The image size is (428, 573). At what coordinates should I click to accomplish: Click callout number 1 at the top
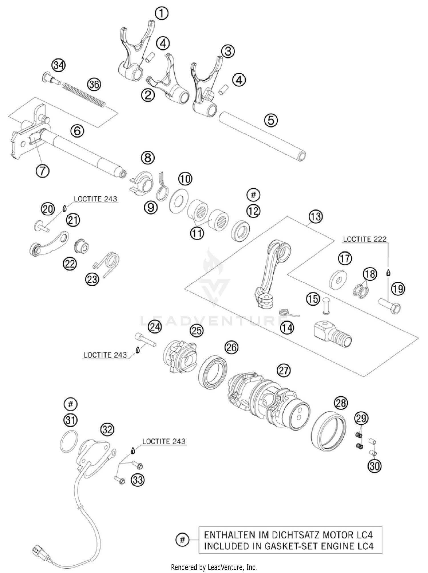click(161, 13)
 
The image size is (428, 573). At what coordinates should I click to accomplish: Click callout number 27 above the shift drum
click(284, 370)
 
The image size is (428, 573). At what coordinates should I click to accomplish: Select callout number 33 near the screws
click(138, 480)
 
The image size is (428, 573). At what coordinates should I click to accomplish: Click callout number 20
click(48, 209)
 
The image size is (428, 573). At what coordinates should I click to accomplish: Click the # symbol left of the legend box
click(183, 539)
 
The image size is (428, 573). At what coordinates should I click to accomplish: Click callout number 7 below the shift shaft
click(42, 171)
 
